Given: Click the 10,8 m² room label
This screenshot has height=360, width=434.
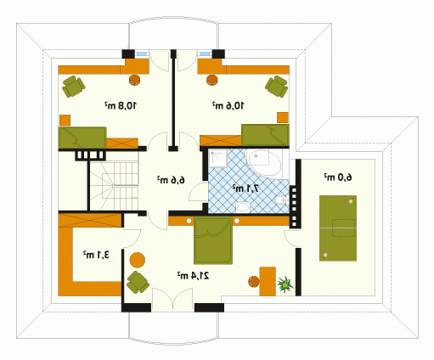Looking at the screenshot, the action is [x=121, y=105].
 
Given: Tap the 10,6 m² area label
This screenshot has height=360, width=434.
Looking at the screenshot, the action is [x=228, y=105].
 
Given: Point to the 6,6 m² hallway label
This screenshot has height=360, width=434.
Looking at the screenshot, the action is [x=171, y=179].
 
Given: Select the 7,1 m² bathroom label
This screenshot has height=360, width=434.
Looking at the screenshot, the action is [x=245, y=188].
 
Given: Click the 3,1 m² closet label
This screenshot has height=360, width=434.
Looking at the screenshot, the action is [x=96, y=255].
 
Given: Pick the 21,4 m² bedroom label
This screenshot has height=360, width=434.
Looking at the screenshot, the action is [x=194, y=275].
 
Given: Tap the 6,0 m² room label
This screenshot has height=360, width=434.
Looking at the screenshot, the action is [x=338, y=177].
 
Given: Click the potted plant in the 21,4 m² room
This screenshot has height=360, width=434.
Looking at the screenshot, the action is [x=285, y=284].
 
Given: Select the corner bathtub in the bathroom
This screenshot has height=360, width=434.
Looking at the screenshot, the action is [x=263, y=163].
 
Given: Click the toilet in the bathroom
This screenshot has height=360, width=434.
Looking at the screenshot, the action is [x=281, y=200].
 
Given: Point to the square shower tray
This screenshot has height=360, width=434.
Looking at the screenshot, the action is [x=218, y=158].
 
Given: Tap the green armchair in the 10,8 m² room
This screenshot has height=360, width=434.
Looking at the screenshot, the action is [x=73, y=86].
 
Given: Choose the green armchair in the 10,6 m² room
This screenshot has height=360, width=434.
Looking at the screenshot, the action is [x=277, y=86].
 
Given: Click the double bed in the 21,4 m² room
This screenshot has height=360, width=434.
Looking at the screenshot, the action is [x=213, y=240].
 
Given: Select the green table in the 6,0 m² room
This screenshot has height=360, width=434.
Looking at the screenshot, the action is [x=338, y=228].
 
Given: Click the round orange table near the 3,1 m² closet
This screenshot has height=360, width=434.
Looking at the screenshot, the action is [x=138, y=260].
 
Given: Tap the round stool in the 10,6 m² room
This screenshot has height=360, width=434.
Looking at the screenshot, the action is [x=212, y=80].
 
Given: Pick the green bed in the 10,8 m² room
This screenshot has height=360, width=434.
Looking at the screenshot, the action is [x=82, y=138].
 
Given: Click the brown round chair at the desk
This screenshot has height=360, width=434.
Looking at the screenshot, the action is [x=254, y=282].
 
